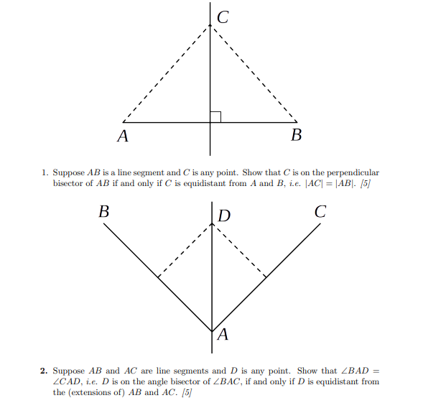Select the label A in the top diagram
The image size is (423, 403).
123,136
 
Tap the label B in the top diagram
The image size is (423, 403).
296,136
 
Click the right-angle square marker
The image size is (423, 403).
215,116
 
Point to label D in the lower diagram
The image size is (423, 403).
224,216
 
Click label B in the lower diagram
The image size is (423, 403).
104,212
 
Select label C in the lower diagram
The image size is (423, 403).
320,212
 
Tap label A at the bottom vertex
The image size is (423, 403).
222,334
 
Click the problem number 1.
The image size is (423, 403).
44,172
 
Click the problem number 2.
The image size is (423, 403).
44,371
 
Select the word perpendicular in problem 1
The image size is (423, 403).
352,172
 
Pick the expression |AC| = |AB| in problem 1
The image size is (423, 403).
330,183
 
